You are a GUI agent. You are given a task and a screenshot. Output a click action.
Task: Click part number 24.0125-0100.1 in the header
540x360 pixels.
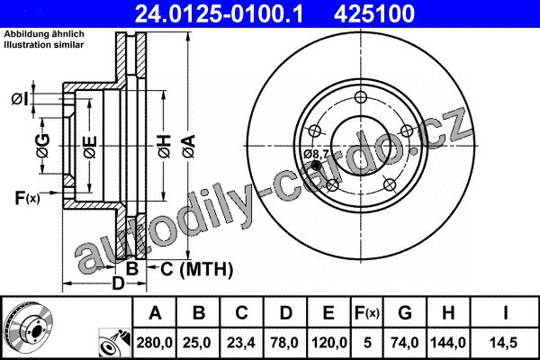(219, 13)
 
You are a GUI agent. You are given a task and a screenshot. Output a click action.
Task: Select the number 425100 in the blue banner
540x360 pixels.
(374, 13)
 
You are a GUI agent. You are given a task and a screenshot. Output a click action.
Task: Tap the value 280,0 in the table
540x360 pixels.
(154, 343)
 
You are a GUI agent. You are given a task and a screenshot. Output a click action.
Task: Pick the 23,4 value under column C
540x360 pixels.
(241, 343)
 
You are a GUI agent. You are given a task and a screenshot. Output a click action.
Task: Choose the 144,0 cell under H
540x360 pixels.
(448, 343)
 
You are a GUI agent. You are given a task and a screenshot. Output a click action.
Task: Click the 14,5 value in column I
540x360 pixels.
(505, 343)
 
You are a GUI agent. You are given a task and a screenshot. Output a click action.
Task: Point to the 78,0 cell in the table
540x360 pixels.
(284, 343)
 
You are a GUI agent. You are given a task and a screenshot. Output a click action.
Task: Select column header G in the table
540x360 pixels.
(405, 313)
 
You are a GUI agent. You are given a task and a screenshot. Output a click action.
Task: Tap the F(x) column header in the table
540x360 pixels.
(367, 313)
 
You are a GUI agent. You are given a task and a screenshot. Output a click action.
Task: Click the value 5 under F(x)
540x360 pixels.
(367, 343)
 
